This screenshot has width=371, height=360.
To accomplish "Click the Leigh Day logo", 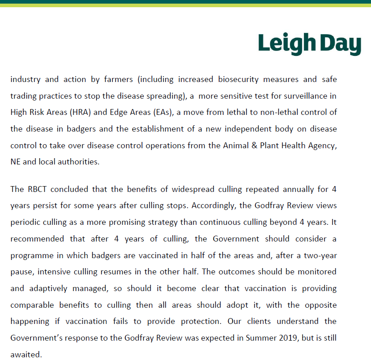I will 310,44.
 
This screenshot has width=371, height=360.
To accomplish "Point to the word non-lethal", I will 267,112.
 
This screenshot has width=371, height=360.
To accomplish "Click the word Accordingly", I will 212,205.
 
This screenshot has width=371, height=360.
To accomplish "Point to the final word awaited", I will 25,354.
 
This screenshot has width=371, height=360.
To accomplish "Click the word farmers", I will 118,80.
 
